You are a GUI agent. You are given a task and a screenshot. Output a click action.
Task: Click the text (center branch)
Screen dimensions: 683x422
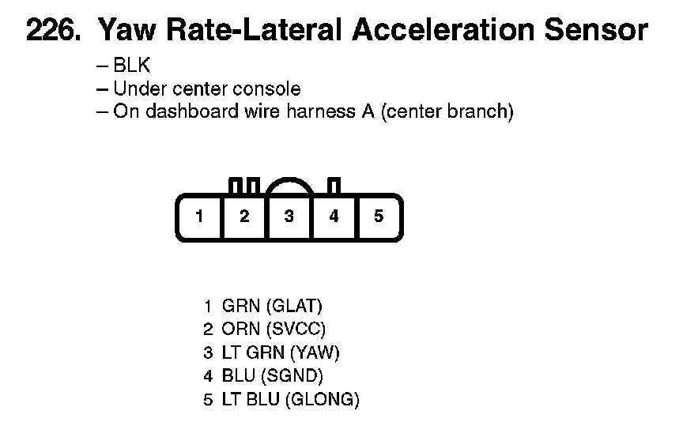[x=447, y=111]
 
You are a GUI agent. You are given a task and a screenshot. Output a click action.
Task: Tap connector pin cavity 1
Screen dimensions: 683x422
[x=200, y=216]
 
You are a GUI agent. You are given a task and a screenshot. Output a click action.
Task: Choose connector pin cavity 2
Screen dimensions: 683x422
[x=245, y=216]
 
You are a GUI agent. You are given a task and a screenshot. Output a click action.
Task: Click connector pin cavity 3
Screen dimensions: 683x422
[x=289, y=216]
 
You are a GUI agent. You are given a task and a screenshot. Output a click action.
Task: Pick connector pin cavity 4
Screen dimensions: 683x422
[x=334, y=216]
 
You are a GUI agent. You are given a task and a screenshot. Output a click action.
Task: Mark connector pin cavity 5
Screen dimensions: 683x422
[x=379, y=216]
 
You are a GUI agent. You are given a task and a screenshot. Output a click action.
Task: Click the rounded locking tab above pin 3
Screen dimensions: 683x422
[x=289, y=185]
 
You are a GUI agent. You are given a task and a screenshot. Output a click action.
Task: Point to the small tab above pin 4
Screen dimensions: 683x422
[x=334, y=186]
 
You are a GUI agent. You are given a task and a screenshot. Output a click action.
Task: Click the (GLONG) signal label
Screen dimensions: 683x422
[x=321, y=400]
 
